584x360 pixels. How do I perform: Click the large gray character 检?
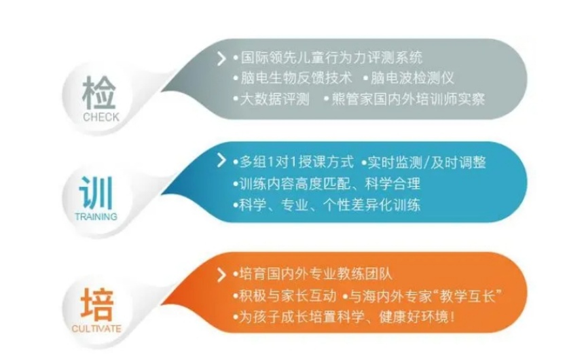[99, 93]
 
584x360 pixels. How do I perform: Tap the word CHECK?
[101, 117]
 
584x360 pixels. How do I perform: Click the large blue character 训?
[96, 193]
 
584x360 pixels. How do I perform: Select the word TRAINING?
[96, 217]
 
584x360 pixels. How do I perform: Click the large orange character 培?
[97, 304]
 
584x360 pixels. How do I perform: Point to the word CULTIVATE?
[96, 329]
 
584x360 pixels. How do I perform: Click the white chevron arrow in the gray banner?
[221, 58]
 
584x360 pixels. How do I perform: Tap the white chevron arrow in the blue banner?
[221, 160]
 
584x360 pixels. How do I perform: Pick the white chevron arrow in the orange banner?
[221, 274]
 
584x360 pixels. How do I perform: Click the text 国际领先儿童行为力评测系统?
[331, 58]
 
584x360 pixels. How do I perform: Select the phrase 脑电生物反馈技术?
[296, 78]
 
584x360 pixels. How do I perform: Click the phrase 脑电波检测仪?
[412, 78]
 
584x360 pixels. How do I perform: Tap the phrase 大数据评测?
[275, 98]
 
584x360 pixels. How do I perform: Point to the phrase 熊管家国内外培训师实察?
[408, 98]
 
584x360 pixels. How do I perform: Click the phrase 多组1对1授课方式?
[297, 162]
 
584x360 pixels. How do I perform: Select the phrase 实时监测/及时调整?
[426, 162]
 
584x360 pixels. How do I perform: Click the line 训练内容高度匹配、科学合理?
[329, 183]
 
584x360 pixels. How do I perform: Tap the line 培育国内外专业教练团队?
[316, 274]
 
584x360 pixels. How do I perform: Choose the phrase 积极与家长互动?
[287, 296]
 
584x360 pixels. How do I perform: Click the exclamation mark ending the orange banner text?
[452, 318]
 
